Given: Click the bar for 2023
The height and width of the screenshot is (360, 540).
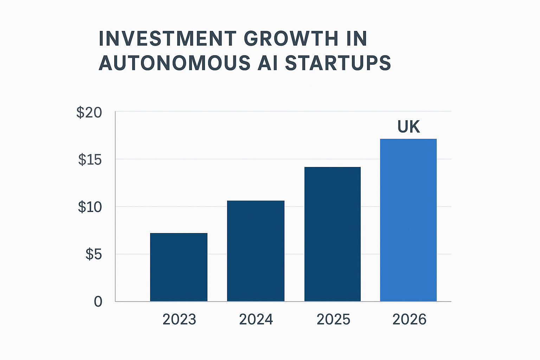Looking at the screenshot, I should [179, 267].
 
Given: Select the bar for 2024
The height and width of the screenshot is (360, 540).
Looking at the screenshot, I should [256, 251].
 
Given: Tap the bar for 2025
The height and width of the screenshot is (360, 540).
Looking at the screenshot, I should [333, 234].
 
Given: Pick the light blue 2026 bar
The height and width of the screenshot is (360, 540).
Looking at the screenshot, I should [408, 220].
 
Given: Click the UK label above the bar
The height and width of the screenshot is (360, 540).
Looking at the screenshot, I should [409, 127].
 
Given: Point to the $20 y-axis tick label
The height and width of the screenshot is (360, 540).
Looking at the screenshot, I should [89, 113].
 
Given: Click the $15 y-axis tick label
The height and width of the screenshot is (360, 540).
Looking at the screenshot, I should [90, 160].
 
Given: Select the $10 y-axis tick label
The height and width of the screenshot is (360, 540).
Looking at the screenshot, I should [90, 207].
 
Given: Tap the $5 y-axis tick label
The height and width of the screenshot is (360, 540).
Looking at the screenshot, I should [94, 254].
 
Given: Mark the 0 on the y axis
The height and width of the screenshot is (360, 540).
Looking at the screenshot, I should [98, 302].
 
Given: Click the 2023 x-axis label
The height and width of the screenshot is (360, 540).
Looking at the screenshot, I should [179, 320].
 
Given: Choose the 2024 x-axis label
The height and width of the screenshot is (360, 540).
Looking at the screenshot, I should [256, 320].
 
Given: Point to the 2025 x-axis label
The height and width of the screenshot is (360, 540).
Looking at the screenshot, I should [333, 320].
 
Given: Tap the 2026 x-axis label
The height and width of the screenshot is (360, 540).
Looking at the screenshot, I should [409, 320].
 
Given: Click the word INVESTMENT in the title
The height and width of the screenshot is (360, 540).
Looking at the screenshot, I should [168, 39].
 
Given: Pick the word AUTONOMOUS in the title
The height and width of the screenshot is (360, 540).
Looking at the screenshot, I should [175, 64].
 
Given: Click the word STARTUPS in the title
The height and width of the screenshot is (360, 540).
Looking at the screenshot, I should [338, 64].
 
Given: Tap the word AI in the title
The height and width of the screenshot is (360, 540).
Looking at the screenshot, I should [268, 64].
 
